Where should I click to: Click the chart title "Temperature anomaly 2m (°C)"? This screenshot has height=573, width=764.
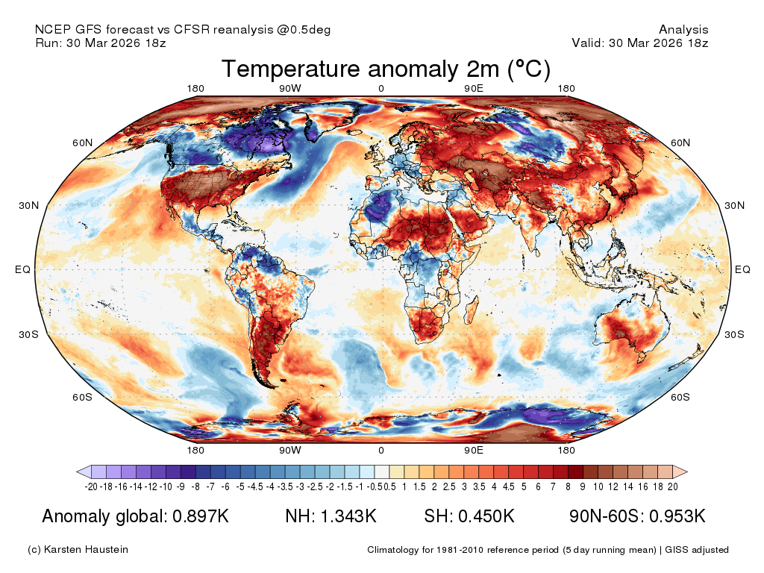pyautogui.click(x=386, y=69)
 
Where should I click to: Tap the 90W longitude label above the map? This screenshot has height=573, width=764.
pyautogui.click(x=290, y=89)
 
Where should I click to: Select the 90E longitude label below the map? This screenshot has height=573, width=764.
pyautogui.click(x=474, y=450)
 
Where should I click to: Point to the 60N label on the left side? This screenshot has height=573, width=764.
pyautogui.click(x=82, y=143)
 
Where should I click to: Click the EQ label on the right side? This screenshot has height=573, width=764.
pyautogui.click(x=742, y=269)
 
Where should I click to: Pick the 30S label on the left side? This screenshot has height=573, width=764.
pyautogui.click(x=29, y=334)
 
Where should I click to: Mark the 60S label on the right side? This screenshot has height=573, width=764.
pyautogui.click(x=680, y=397)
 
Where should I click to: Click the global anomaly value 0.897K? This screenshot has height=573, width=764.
pyautogui.click(x=201, y=516)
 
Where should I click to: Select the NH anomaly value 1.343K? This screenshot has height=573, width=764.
pyautogui.click(x=349, y=516)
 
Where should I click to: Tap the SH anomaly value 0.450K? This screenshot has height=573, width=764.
pyautogui.click(x=486, y=516)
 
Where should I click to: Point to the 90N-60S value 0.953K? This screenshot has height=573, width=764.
pyautogui.click(x=677, y=516)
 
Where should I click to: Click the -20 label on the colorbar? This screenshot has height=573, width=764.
pyautogui.click(x=91, y=486)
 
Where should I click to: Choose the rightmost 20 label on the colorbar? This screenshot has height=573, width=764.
pyautogui.click(x=673, y=486)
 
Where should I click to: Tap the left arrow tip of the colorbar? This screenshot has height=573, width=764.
pyautogui.click(x=77, y=472)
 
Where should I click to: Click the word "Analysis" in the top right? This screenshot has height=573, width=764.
pyautogui.click(x=683, y=30)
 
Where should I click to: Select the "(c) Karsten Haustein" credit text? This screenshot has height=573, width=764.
pyautogui.click(x=78, y=550)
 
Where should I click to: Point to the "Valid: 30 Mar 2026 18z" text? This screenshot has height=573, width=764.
pyautogui.click(x=640, y=43)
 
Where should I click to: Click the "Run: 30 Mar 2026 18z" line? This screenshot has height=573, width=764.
pyautogui.click(x=101, y=43)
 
